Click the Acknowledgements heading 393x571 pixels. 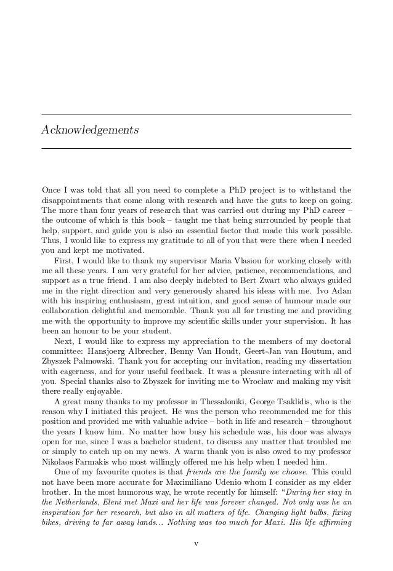pos(90,131)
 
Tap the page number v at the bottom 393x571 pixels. pos(196,543)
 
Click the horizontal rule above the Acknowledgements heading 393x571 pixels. pos(196,114)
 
